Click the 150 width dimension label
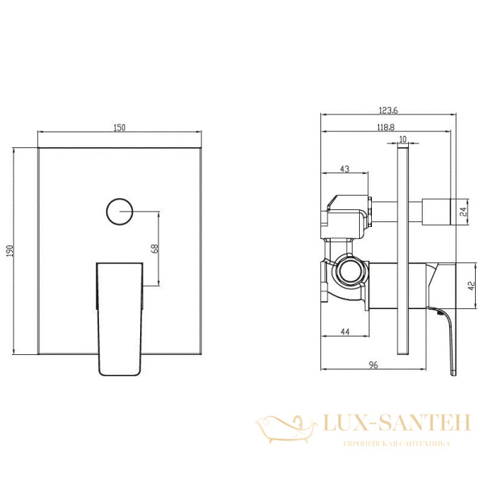[x=119, y=127]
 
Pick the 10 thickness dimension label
[x=402, y=139]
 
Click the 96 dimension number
[x=374, y=365]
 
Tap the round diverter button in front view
[x=118, y=212]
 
